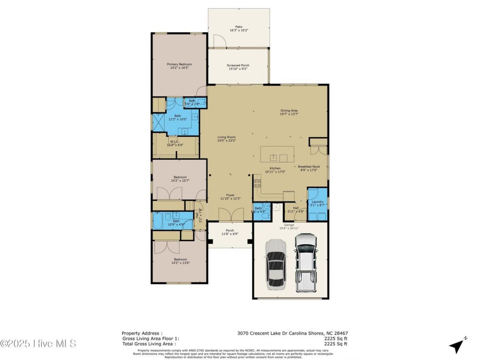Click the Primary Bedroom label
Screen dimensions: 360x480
click(179, 64)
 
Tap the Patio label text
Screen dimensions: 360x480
click(239, 27)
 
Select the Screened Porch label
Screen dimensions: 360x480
click(238, 65)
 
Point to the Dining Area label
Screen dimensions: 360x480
click(289, 111)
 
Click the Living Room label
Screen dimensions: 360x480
click(226, 137)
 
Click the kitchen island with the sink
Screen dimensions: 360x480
click(277, 154)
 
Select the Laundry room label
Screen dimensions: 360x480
click(318, 202)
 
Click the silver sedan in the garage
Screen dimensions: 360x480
click(276, 264)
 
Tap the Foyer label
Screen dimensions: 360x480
click(230, 195)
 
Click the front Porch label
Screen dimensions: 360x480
click(230, 230)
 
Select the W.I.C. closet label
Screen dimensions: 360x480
click(174, 141)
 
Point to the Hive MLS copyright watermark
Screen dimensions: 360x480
click(38, 343)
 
